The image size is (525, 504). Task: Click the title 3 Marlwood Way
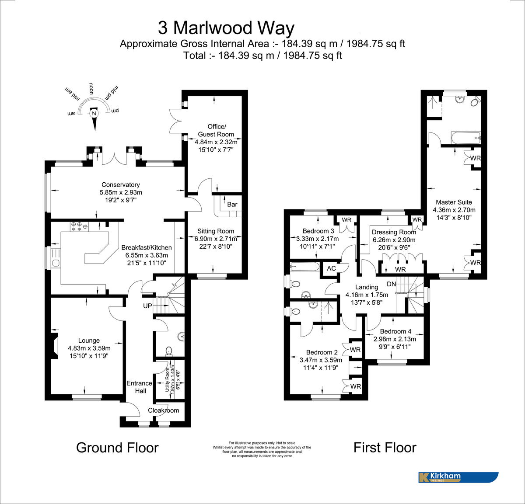pos(226,28)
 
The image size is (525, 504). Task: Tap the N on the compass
pos(94,114)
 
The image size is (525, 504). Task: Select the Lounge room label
pos(89,341)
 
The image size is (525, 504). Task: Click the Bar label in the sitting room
pos(232,204)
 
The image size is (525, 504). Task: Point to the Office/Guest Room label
pos(216,130)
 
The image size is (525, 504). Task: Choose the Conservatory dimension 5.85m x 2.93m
pos(121,192)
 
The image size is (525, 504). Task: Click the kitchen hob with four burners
pos(79,226)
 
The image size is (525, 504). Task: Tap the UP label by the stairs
pos(147,306)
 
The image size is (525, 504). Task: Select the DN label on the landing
pos(391,284)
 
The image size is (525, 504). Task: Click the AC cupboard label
pos(332,268)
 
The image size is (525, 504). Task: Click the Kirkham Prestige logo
pos(458,477)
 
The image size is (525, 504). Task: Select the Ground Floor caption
pos(117,448)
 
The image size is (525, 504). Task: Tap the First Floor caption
pos(385,448)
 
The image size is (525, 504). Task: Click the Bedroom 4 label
pos(395,331)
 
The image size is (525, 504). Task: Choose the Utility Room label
pos(168,379)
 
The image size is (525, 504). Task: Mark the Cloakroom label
pos(164,410)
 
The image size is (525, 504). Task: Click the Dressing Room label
pos(394,232)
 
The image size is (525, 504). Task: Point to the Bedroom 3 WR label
pos(346,219)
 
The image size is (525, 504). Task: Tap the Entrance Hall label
pos(140,387)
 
